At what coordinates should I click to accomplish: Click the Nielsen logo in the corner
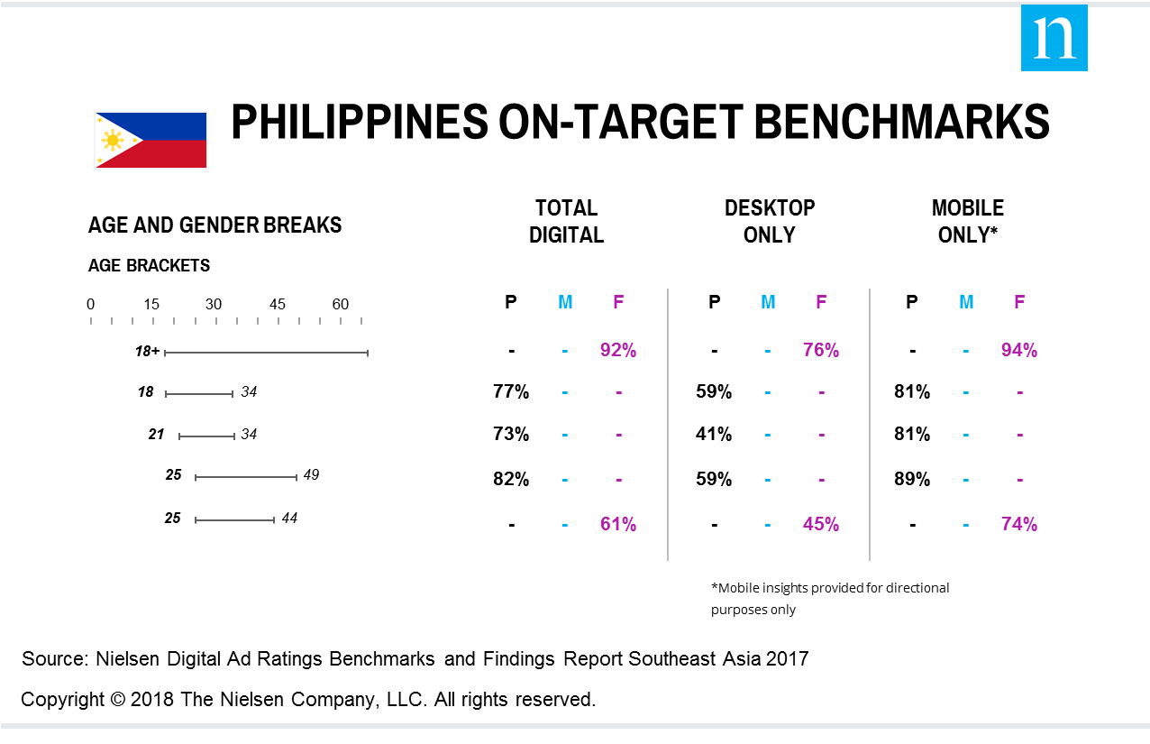click(1054, 38)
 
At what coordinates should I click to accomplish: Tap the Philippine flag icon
click(151, 140)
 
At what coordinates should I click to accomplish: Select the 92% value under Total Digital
click(618, 350)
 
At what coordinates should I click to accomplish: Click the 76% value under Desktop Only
click(821, 350)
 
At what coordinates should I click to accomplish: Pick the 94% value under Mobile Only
click(1019, 350)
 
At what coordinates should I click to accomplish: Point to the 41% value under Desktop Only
click(714, 434)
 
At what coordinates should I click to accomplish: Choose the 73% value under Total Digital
click(511, 434)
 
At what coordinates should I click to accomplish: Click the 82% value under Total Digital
click(511, 479)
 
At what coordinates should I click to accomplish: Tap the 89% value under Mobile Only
click(912, 479)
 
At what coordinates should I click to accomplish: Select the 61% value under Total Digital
click(618, 524)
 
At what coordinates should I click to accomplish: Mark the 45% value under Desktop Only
click(821, 524)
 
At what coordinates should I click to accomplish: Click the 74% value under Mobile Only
click(1019, 524)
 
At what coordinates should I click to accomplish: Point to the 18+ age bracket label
click(147, 351)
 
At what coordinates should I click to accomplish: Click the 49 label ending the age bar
click(312, 474)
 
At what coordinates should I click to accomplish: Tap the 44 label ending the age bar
click(289, 518)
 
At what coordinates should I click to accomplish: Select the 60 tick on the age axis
click(341, 305)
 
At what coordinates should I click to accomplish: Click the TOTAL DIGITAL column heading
click(566, 222)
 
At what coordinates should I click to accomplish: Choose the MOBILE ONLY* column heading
click(968, 222)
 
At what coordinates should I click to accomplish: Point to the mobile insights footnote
click(830, 599)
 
